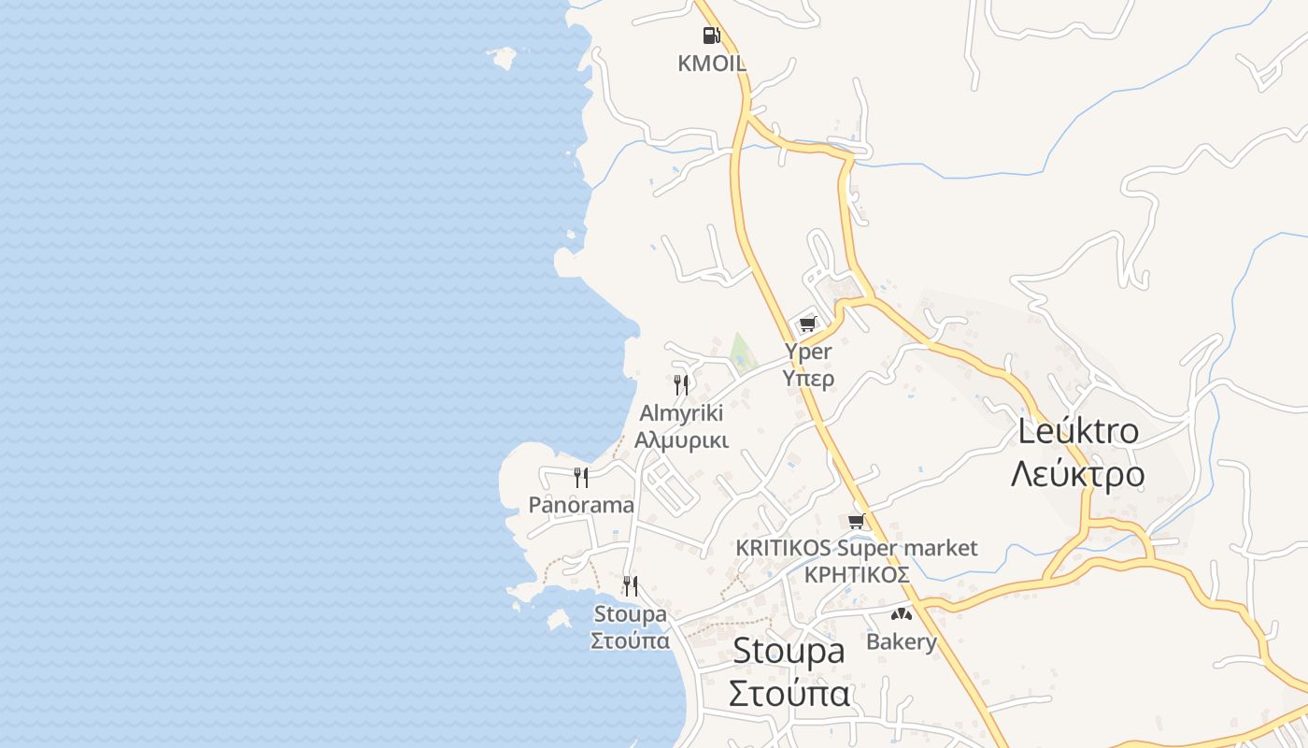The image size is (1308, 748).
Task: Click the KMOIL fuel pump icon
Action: tap(712, 36)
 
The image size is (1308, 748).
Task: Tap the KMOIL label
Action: tap(712, 64)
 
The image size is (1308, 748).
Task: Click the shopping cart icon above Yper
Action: tap(807, 324)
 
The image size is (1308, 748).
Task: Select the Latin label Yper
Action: tap(808, 352)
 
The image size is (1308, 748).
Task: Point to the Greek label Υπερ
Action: tap(808, 378)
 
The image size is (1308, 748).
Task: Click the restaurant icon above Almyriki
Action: tap(681, 384)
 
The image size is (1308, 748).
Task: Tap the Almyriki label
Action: tap(681, 413)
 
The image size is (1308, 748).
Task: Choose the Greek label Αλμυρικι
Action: tap(681, 439)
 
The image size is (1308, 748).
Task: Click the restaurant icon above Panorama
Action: tap(581, 478)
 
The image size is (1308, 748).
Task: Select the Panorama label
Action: tap(581, 505)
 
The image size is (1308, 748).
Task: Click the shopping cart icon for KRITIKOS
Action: tap(857, 521)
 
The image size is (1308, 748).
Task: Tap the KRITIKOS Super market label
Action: tap(857, 548)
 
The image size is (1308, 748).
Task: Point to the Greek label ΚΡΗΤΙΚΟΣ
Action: tap(857, 574)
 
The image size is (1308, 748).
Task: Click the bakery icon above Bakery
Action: tap(901, 614)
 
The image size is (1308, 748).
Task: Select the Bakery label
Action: tap(901, 641)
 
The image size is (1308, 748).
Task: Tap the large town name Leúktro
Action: tap(1077, 431)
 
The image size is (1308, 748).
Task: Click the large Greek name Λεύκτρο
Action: tap(1077, 474)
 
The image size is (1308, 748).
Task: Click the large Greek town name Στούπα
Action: tap(789, 695)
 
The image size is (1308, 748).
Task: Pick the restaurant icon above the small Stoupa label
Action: tap(631, 586)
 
